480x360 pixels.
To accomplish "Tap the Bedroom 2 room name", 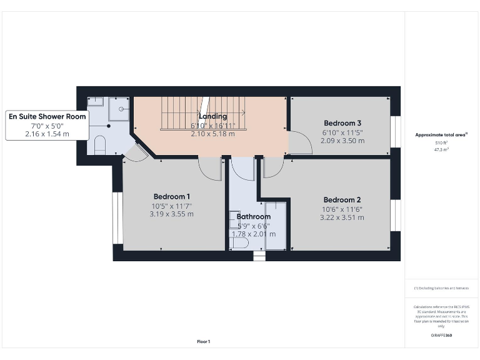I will coord(343,200).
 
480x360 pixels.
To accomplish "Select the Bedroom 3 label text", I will coord(342,123).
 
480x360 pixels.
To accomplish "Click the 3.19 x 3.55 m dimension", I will coord(171,214).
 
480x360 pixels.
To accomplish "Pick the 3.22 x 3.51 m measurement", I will coord(343,217).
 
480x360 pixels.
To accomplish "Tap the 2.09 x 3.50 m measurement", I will coord(342,141).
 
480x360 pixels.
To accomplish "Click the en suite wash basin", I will coord(96,101).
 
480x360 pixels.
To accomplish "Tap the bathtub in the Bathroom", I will coord(276,225).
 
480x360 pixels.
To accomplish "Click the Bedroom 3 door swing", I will coord(301,143).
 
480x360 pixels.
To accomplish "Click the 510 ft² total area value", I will coord(441,143).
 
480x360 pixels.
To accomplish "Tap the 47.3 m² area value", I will coord(441,150).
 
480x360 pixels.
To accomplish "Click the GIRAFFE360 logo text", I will coord(441,336).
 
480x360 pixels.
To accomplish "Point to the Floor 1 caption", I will coord(203,341).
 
